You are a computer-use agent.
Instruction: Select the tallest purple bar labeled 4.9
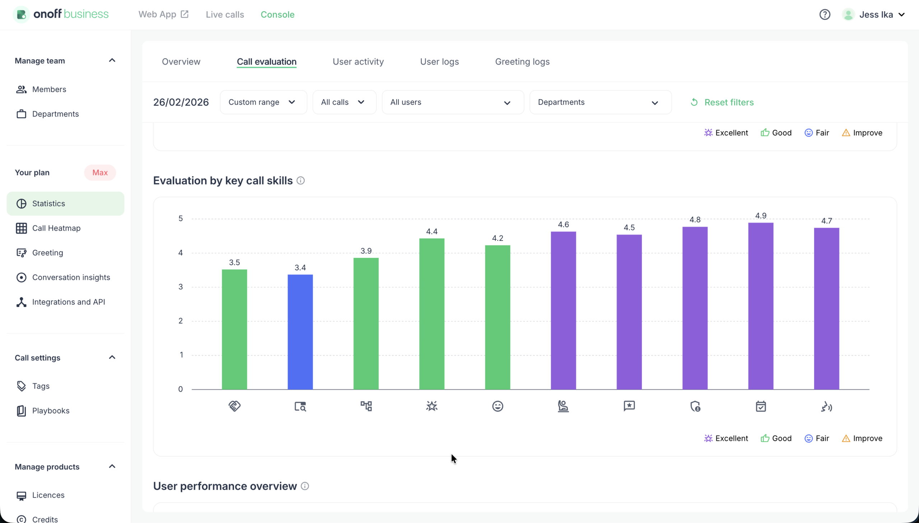coord(760,306)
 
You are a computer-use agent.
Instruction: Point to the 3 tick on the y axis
coord(181,287)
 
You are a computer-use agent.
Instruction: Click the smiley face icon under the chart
coord(498,406)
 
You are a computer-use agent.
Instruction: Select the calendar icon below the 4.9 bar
coord(760,406)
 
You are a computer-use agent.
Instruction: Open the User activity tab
coord(358,62)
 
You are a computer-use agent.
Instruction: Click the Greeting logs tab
coord(522,62)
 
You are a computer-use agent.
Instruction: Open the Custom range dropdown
coord(263,102)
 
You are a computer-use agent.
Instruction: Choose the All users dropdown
coord(452,102)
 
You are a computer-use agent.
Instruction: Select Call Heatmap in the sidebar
coord(56,228)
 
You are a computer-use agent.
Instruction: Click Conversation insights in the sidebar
coord(71,277)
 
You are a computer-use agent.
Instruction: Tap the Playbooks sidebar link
coord(51,411)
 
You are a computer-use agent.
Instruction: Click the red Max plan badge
coord(100,173)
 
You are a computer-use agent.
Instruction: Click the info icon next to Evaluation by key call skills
coord(300,181)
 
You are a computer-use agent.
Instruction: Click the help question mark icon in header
coord(825,14)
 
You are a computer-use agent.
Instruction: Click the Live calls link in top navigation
coord(225,14)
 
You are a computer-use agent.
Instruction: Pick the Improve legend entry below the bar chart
coord(862,438)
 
